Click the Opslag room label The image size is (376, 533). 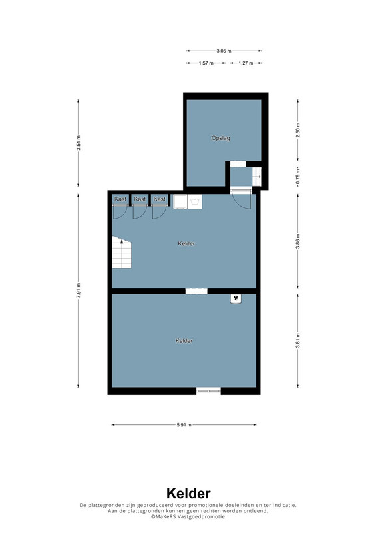(220, 138)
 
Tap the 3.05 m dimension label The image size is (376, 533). (224, 51)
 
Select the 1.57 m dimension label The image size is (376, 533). (206, 63)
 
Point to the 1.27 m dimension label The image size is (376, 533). (246, 63)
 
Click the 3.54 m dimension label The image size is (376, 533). (79, 143)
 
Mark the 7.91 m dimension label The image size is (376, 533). (79, 290)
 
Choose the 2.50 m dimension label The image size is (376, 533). (298, 130)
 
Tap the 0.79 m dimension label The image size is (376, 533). (298, 177)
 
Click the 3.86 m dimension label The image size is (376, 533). (298, 241)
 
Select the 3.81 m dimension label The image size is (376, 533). (298, 341)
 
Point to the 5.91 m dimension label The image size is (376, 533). (184, 425)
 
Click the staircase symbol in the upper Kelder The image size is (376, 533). (122, 253)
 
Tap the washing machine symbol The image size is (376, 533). (195, 202)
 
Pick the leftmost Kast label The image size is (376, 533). (120, 199)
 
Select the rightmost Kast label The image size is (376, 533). (159, 199)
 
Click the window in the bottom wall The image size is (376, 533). (208, 391)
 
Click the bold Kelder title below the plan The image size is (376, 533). (188, 494)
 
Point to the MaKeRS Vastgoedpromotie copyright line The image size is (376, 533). (188, 516)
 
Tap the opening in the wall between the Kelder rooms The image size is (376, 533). (196, 291)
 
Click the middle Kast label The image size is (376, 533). (140, 199)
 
